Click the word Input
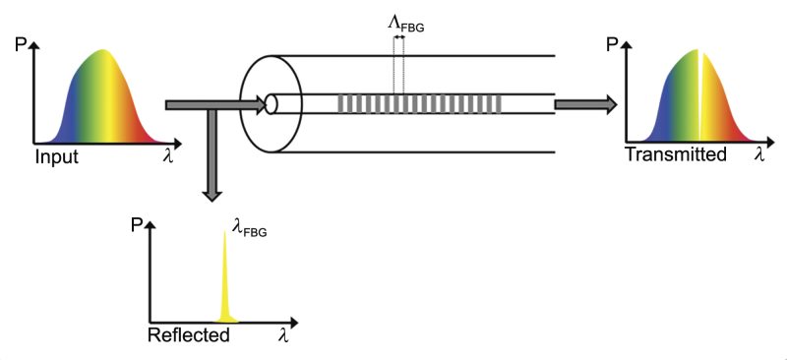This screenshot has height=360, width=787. [56, 155]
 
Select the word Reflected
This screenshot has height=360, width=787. [188, 335]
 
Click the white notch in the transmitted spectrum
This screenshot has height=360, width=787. [699, 98]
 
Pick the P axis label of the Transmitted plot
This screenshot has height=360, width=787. [614, 44]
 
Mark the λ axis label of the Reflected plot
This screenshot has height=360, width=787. [283, 335]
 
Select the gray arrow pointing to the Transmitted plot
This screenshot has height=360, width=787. [586, 103]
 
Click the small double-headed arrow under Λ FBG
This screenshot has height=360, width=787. [399, 37]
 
